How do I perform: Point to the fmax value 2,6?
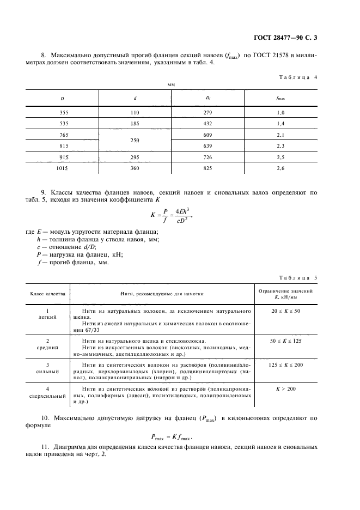tap(281, 168)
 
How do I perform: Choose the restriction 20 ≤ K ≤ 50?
tap(286, 311)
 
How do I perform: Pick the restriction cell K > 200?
tap(286, 390)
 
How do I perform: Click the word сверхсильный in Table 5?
tap(47, 396)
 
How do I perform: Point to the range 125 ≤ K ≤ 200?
tap(286, 365)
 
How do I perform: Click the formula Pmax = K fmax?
tap(180, 436)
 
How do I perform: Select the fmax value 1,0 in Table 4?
tap(281, 112)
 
